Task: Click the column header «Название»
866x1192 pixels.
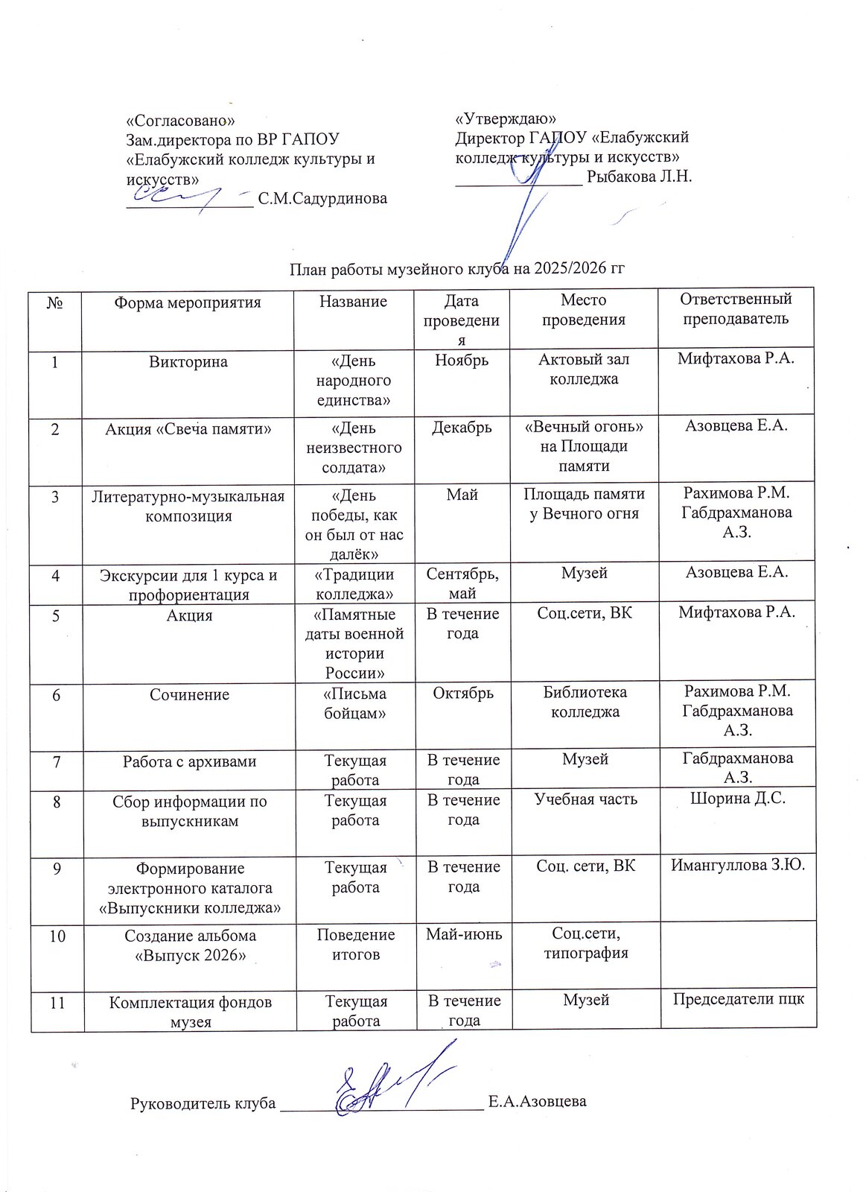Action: click(x=353, y=302)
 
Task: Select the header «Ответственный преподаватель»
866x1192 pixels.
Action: click(x=736, y=308)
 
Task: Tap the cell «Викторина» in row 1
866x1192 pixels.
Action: click(x=188, y=362)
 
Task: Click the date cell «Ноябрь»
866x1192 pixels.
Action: click(x=462, y=361)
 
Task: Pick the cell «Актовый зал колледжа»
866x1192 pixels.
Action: click(x=584, y=369)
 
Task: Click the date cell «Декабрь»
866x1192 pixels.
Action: click(x=462, y=428)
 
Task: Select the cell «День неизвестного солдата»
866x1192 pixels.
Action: click(x=354, y=448)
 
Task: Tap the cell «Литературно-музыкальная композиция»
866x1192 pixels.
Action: click(x=188, y=506)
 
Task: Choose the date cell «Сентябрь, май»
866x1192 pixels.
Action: click(x=462, y=583)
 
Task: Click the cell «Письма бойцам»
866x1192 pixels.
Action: click(x=355, y=703)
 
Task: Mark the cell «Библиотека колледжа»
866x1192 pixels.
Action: click(x=585, y=701)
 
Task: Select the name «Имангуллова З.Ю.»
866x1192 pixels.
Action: click(x=738, y=865)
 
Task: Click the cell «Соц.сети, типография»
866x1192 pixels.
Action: click(x=586, y=942)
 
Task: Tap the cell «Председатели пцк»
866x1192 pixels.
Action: click(x=739, y=999)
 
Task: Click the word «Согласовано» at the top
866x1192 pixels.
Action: click(x=181, y=120)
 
